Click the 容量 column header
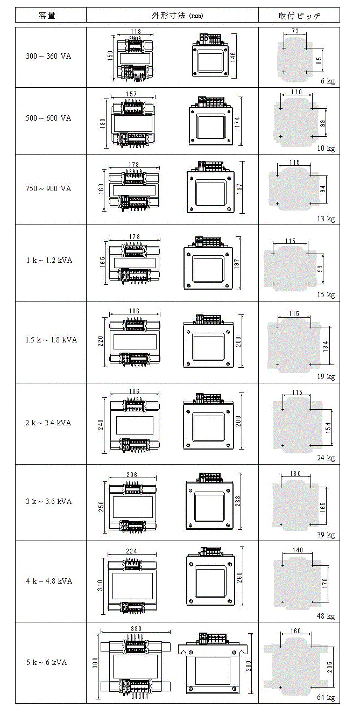pyautogui.click(x=47, y=15)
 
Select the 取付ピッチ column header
pyautogui.click(x=299, y=16)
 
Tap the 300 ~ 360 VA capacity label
pyautogui.click(x=48, y=56)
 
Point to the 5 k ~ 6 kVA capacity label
pyautogui.click(x=47, y=662)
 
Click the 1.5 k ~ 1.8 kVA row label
pyautogui.click(x=51, y=340)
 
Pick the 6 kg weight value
pyautogui.click(x=328, y=81)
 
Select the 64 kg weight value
pyautogui.click(x=326, y=697)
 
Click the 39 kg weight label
pyautogui.click(x=326, y=535)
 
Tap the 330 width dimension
pyautogui.click(x=136, y=628)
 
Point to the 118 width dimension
pyautogui.click(x=136, y=32)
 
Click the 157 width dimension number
pyautogui.click(x=131, y=94)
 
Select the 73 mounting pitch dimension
pyautogui.click(x=295, y=31)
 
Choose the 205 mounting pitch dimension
pyautogui.click(x=330, y=667)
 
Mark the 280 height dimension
pyautogui.click(x=249, y=665)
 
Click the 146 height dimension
pyautogui.click(x=233, y=57)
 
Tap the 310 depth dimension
pyautogui.click(x=100, y=585)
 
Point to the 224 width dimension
pyautogui.click(x=131, y=551)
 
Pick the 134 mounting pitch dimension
pyautogui.click(x=326, y=346)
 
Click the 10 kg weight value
pyautogui.click(x=326, y=148)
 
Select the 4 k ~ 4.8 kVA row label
pyautogui.click(x=49, y=581)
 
